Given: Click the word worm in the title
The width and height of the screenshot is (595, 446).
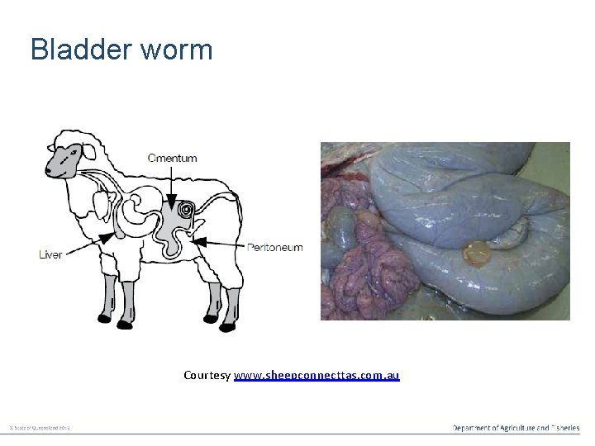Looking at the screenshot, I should point(177,50).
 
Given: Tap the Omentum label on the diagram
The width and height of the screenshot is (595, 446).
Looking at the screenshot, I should point(172,158).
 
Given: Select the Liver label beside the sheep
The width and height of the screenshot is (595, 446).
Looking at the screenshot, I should point(50,254).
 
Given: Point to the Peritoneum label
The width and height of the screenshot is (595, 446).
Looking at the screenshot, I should point(275,247).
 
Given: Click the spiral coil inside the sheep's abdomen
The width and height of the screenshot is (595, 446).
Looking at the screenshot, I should point(188,211).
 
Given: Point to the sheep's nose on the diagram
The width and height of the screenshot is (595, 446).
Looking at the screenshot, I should point(50,168).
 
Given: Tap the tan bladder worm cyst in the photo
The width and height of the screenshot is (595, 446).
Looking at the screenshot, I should point(476,252).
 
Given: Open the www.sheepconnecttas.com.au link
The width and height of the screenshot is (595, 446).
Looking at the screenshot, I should point(317,376).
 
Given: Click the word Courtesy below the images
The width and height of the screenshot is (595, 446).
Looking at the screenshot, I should point(207,376).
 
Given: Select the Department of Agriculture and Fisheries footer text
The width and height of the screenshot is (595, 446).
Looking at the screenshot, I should point(516,427).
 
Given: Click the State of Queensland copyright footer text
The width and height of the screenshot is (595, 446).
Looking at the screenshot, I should point(40,428).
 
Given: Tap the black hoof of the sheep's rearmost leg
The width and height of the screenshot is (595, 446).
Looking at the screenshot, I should point(227,326).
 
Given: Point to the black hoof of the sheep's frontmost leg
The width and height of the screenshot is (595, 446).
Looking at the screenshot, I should point(105,318).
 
